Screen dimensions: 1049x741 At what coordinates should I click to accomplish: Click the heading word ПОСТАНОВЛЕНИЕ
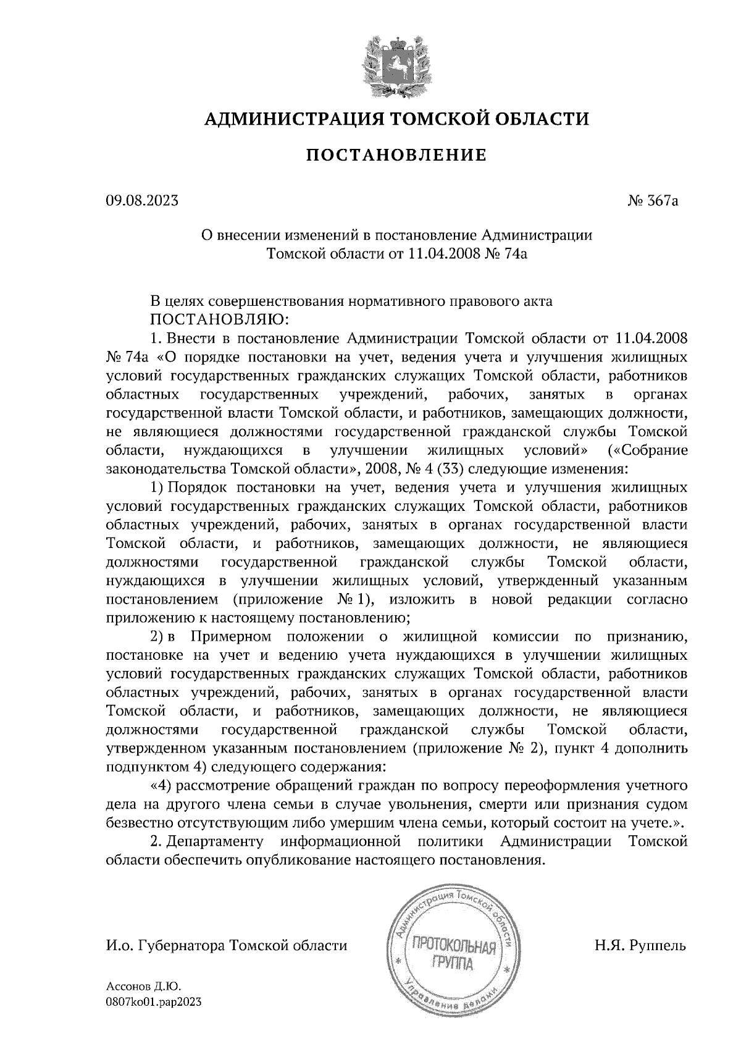coord(396,155)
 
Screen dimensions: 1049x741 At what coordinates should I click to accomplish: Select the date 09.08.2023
coord(142,201)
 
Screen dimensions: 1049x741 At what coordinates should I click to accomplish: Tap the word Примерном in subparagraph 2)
coord(232,636)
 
